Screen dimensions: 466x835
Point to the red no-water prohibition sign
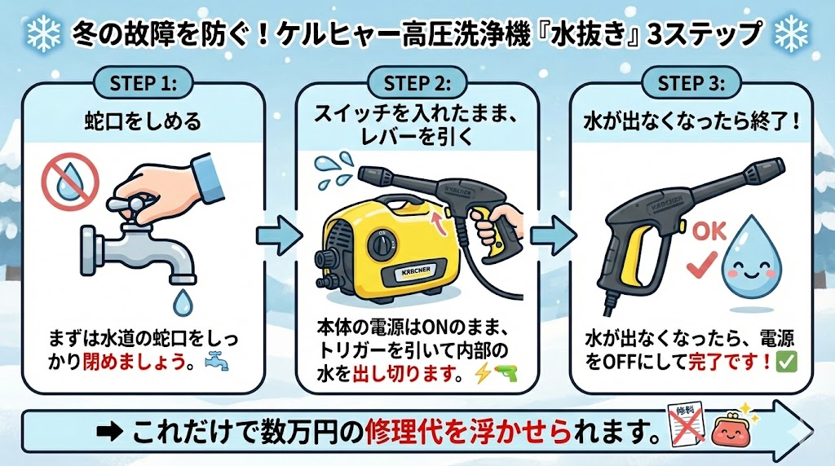(70, 180)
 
